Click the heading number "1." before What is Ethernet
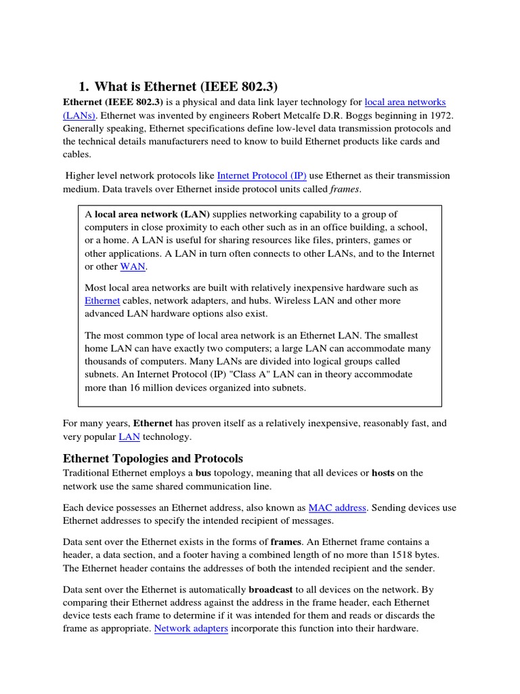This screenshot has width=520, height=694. click(84, 86)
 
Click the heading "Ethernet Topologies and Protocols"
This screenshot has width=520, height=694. click(152, 458)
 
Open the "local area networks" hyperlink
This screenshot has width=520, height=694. click(405, 102)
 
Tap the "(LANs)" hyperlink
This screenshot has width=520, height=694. click(79, 115)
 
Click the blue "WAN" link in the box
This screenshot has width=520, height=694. click(133, 266)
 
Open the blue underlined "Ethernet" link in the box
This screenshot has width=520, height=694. click(102, 300)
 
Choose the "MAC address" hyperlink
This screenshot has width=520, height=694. click(337, 507)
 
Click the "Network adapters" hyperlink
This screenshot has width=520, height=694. click(191, 628)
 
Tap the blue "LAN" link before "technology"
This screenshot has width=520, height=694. click(129, 436)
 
